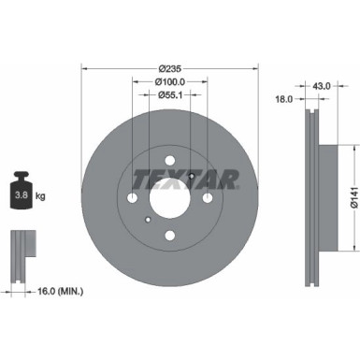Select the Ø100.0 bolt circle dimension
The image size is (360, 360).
[169, 81]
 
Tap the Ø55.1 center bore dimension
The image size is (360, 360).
[169, 94]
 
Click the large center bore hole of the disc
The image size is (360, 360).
[169, 198]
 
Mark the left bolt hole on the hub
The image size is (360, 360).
[133, 198]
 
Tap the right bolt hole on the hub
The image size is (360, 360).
[206, 198]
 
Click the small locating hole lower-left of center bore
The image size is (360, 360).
[149, 220]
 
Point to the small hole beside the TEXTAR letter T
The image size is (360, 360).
[190, 178]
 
